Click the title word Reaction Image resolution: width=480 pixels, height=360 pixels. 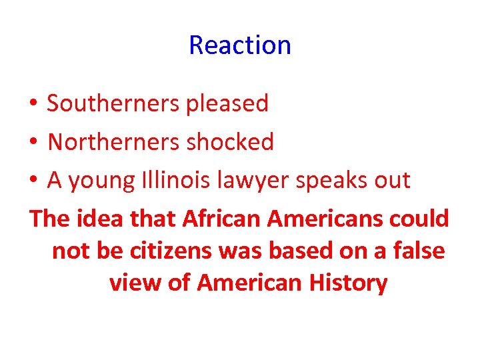240,45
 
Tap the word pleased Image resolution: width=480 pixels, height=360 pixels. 227,103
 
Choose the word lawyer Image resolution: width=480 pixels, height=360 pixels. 250,181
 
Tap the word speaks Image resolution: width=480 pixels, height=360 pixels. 334,181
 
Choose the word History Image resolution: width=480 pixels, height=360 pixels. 348,283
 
